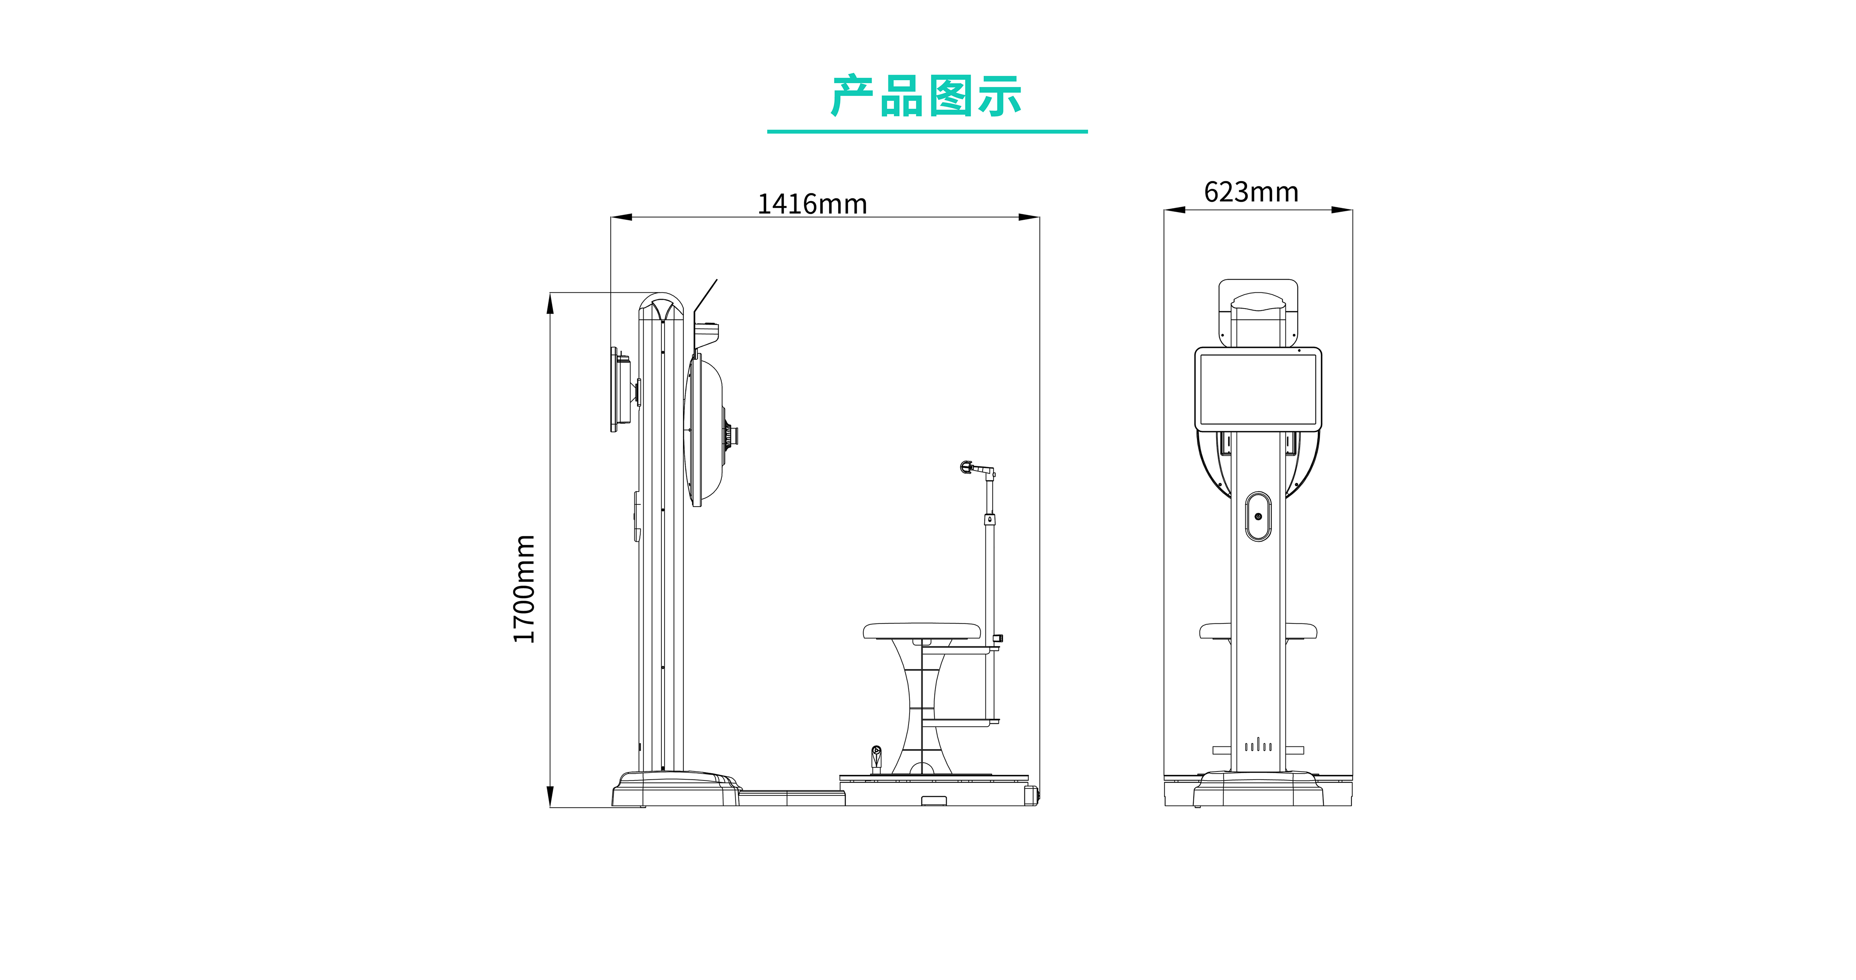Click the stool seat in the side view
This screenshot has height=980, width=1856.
tap(922, 631)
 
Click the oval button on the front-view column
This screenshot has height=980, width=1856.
tap(1258, 516)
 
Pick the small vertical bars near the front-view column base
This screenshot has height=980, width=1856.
tap(1258, 745)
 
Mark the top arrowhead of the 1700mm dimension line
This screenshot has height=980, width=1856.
tap(550, 303)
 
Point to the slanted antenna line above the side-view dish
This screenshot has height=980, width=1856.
tap(706, 295)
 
